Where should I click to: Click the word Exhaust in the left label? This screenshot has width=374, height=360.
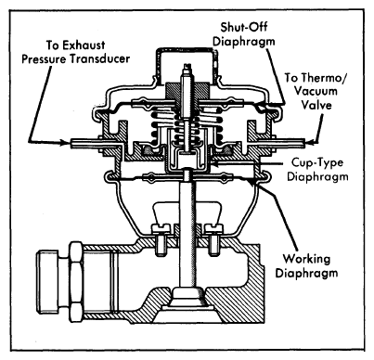pos(84,45)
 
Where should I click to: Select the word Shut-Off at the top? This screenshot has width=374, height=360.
pos(244,27)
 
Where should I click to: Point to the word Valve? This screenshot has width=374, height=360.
pos(316,105)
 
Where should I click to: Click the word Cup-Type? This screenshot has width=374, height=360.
pos(317,162)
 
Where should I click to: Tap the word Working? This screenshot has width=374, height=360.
pos(306,259)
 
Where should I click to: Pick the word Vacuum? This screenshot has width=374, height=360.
pos(316,91)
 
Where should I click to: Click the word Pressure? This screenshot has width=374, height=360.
pos(44,59)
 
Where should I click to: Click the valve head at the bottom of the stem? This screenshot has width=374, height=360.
pos(187,296)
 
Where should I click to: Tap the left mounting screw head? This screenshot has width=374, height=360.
pos(161,228)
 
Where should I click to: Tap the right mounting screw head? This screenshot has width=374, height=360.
pos(213,228)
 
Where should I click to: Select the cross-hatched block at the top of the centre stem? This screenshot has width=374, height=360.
pos(187,90)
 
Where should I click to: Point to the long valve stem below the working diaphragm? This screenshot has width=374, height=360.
pos(187,234)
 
